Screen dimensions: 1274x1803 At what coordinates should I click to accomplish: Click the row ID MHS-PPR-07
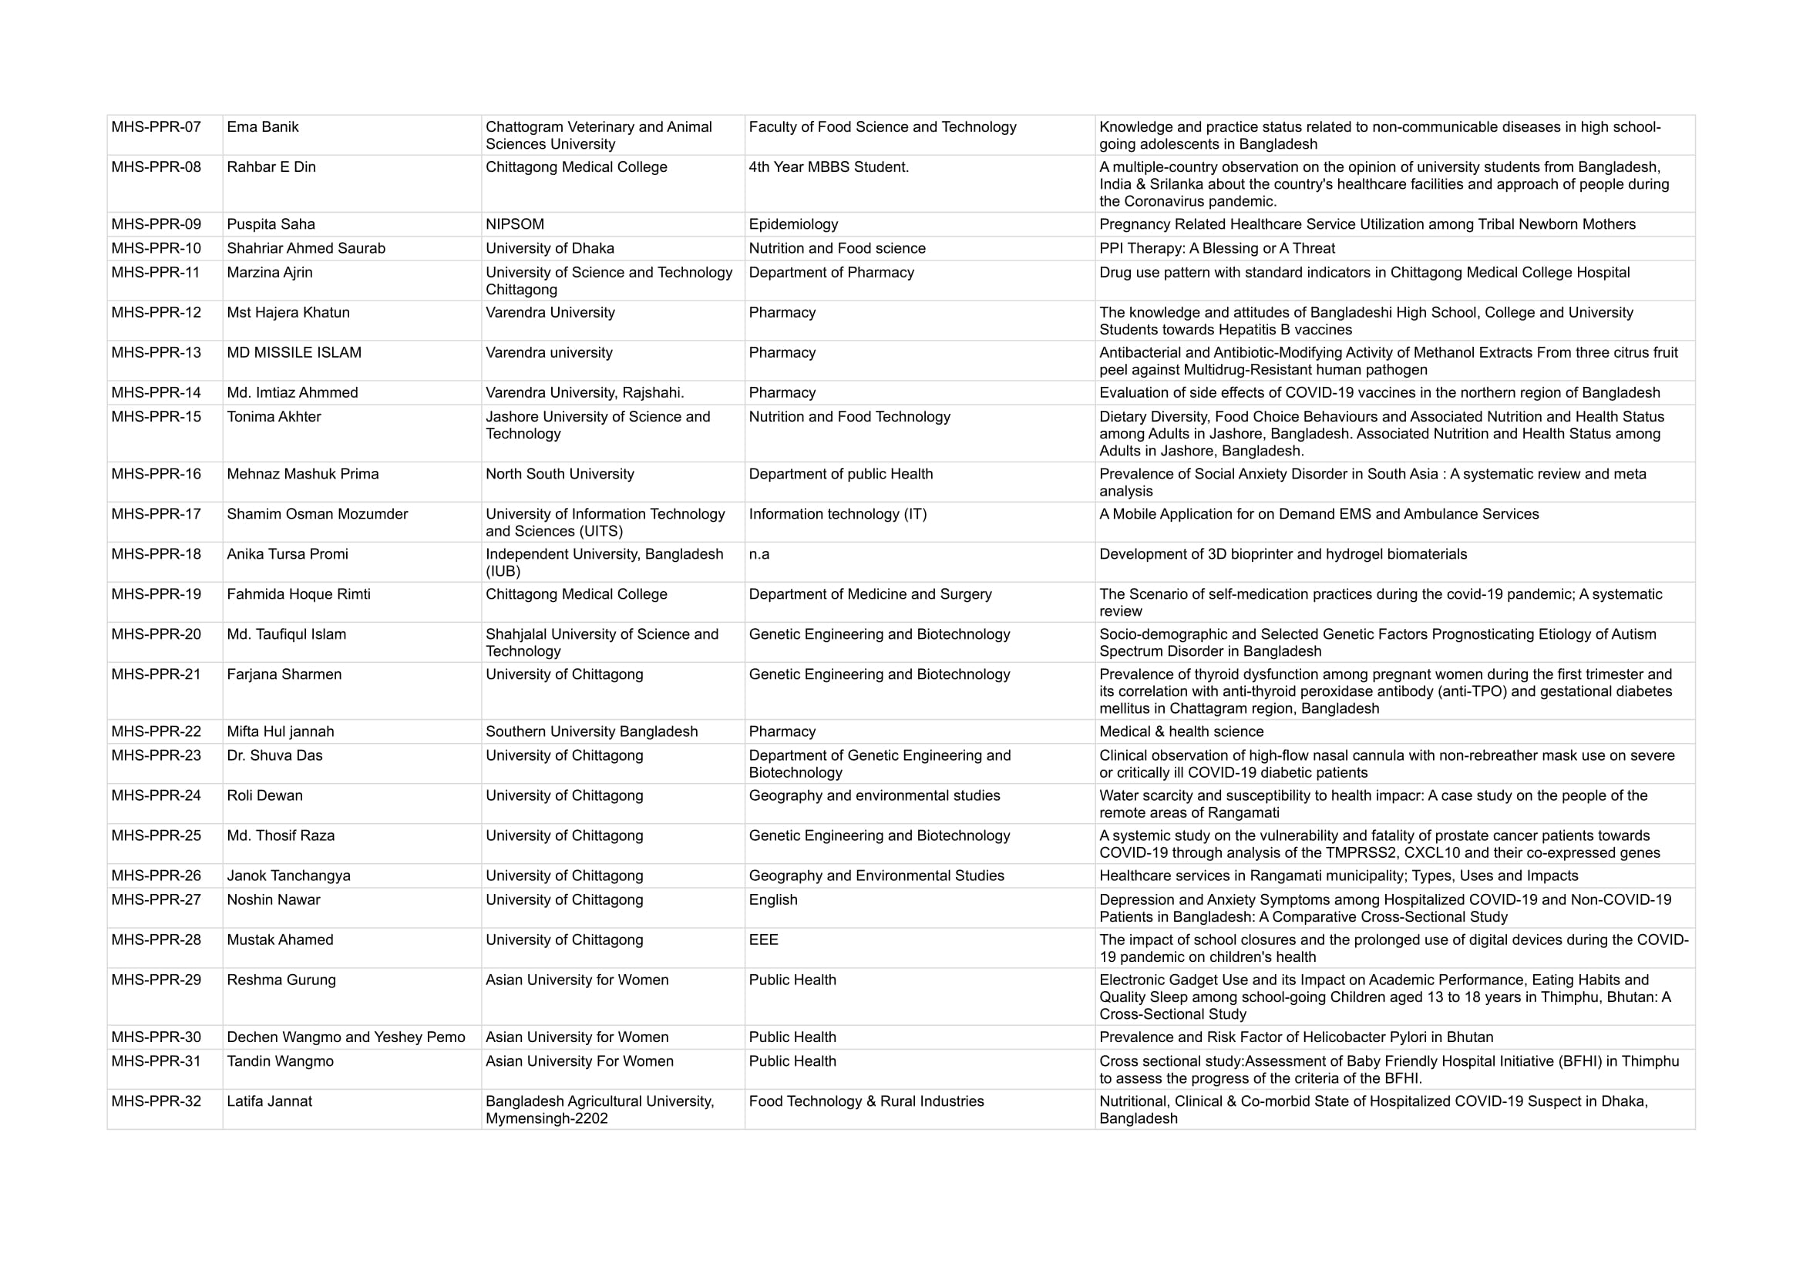156,127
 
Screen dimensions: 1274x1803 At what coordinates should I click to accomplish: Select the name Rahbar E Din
271,167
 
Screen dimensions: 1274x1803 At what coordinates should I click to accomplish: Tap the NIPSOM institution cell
514,224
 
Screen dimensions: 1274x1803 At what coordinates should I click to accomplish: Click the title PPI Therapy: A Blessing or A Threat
1216,249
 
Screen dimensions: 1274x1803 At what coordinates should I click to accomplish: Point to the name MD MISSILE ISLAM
294,353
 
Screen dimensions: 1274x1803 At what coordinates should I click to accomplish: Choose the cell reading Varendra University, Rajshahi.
584,393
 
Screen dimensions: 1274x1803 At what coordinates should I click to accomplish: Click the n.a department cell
759,555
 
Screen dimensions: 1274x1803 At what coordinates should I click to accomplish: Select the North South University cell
559,474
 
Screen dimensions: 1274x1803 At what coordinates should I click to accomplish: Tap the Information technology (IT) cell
837,514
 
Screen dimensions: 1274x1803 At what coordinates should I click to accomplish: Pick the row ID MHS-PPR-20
156,634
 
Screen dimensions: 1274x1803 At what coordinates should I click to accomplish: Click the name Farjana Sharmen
284,674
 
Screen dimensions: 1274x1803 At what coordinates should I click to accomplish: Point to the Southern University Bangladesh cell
591,731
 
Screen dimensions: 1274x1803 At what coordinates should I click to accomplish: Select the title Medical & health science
1181,731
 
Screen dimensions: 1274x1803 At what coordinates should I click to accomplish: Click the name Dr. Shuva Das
274,756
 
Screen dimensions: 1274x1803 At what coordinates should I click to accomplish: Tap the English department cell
772,900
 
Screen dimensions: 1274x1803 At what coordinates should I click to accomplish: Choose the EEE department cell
763,940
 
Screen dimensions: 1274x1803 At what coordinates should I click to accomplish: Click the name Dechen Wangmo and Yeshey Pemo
345,1037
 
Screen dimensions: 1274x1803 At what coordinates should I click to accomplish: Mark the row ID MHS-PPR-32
156,1102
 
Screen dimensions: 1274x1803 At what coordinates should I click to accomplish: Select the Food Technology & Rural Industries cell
866,1102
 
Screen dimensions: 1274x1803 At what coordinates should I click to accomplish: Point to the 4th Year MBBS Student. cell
829,167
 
